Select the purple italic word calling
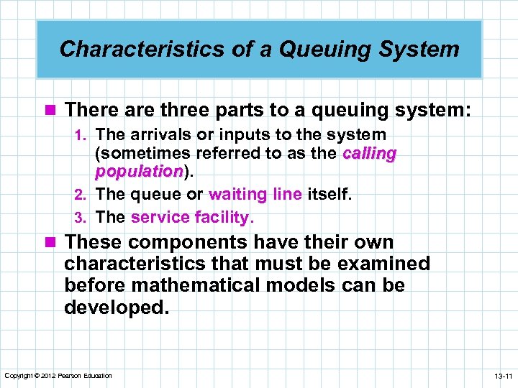point(370,153)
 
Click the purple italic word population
point(139,172)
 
